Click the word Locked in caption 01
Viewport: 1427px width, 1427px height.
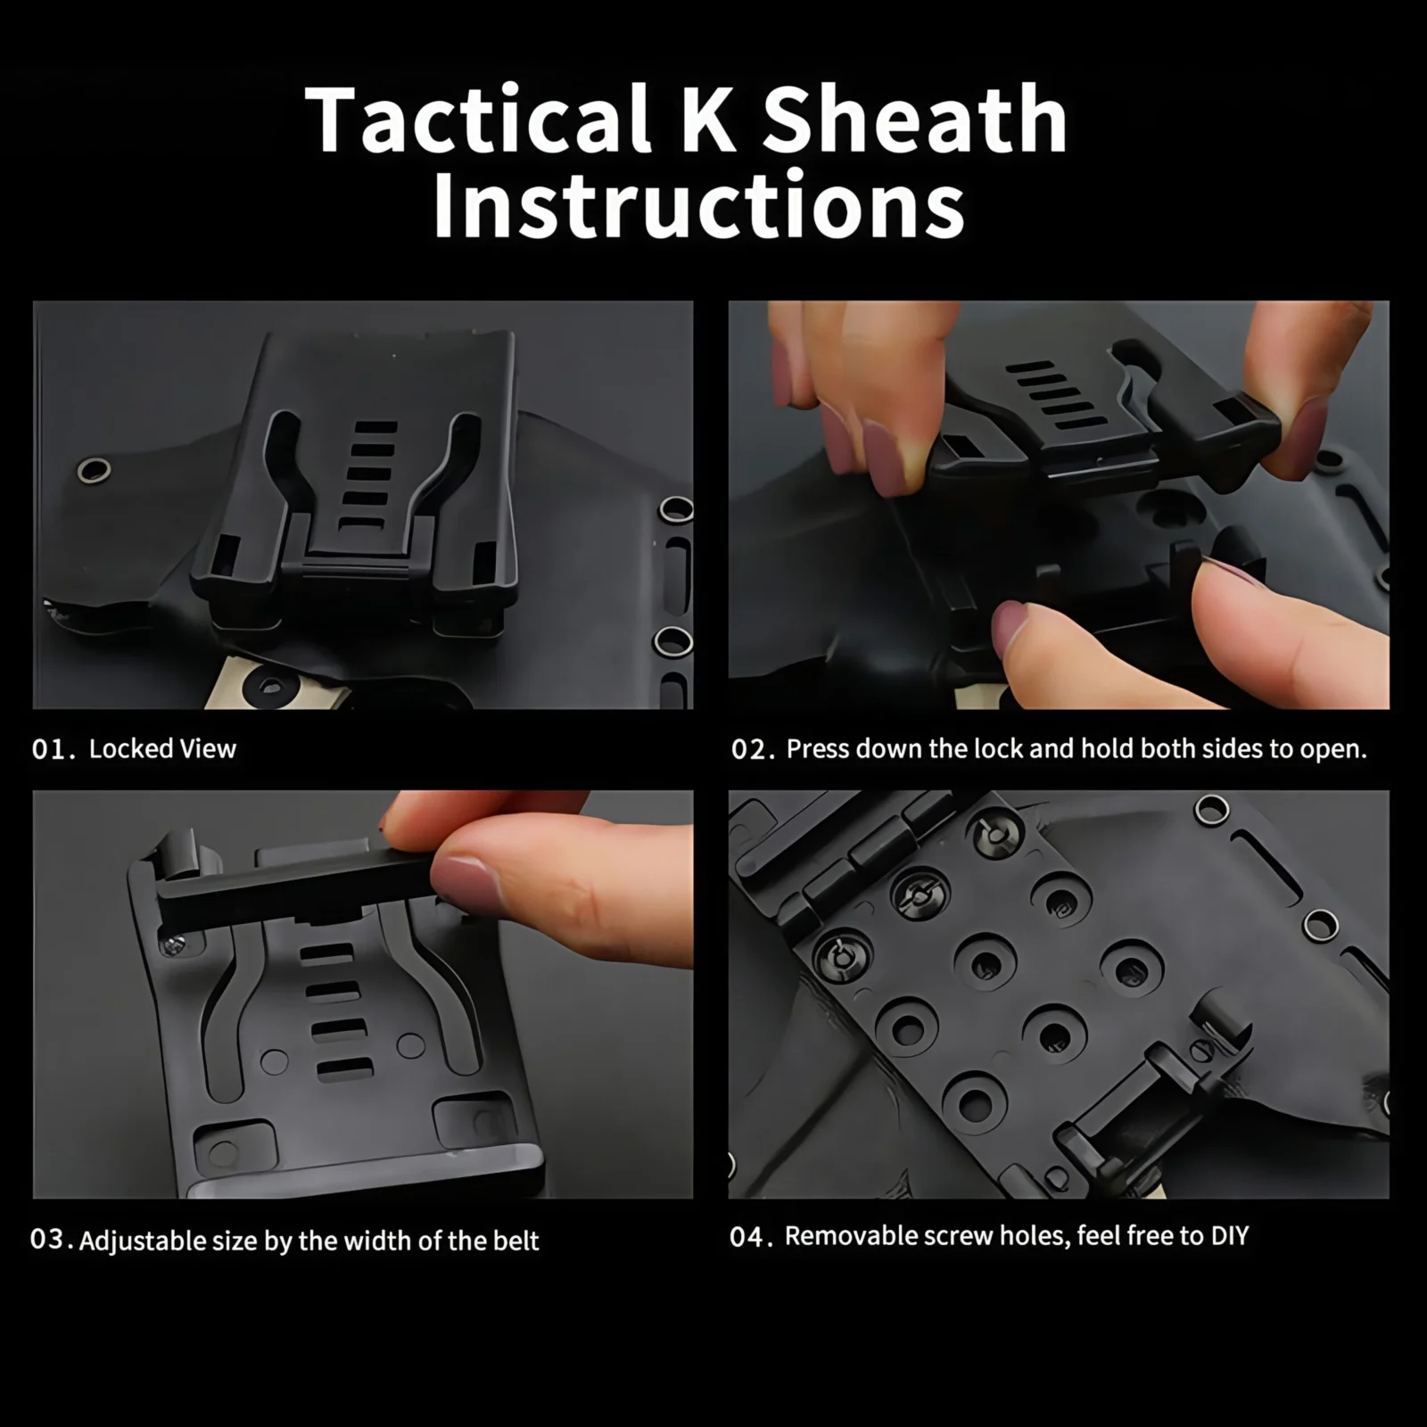130,748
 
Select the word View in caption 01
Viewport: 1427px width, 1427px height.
208,748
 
